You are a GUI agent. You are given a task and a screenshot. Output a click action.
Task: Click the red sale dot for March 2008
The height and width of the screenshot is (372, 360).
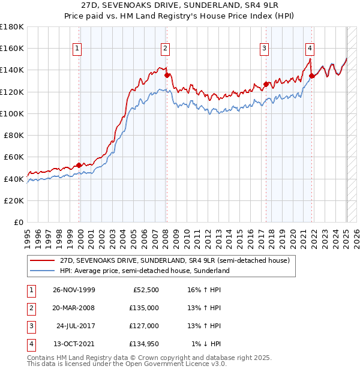[167, 75]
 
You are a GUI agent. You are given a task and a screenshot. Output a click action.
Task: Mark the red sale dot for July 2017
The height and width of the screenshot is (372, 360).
[265, 84]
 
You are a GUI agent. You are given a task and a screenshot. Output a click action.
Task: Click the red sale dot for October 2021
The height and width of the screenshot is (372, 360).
[312, 76]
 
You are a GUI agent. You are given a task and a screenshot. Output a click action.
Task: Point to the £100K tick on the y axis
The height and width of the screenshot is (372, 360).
[12, 113]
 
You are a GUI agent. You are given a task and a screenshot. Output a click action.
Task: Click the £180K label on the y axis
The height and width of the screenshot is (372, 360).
[12, 27]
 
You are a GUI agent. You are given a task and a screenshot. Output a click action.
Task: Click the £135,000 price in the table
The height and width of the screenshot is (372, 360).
[145, 308]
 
